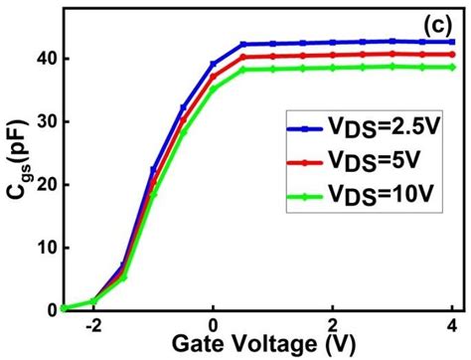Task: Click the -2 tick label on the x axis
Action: click(90, 324)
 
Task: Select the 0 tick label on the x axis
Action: click(213, 324)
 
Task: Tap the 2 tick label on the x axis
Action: click(333, 324)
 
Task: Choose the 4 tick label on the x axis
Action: click(452, 324)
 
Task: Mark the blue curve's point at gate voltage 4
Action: click(452, 42)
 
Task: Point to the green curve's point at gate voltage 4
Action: click(452, 67)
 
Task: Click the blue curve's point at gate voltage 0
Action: click(213, 64)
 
